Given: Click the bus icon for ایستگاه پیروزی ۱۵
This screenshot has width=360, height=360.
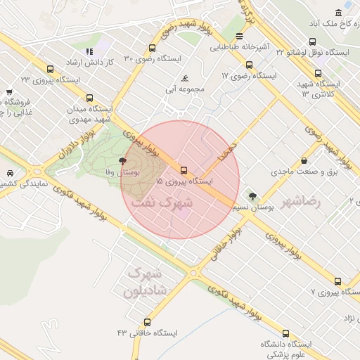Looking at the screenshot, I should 184,170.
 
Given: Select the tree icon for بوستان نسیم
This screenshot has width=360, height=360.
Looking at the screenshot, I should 252,197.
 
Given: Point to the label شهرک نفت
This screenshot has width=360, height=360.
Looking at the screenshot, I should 161,202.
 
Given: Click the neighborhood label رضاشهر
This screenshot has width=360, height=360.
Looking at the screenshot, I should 300,202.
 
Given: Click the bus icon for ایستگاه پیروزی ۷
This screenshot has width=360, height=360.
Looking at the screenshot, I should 338,281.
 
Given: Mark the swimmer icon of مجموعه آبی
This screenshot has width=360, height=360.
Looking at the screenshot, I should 184,78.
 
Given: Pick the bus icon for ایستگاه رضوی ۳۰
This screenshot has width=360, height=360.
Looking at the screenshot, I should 152,49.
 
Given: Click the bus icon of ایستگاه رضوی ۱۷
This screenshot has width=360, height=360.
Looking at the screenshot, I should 249,65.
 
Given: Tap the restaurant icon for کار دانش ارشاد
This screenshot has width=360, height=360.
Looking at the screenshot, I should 89,51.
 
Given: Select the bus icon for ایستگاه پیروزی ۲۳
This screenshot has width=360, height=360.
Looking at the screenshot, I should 50,69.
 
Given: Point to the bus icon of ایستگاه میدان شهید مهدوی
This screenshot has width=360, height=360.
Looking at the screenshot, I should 89,98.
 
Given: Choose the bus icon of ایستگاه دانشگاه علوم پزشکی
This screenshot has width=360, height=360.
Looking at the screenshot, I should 285,333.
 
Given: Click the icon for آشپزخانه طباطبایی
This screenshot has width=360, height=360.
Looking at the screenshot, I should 239,36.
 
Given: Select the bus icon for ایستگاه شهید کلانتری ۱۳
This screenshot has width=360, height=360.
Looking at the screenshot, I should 318,72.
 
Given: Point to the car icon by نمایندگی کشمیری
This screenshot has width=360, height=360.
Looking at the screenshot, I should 10,173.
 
